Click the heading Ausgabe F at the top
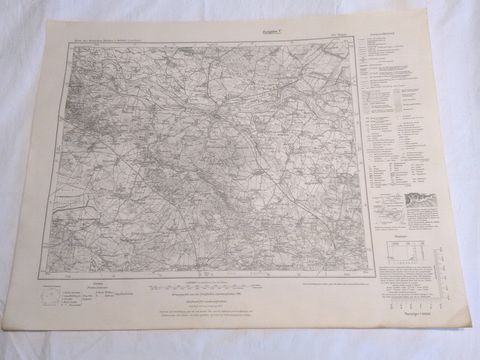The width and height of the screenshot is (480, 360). point(273,32)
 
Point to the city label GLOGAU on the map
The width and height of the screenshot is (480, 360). point(226,112)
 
